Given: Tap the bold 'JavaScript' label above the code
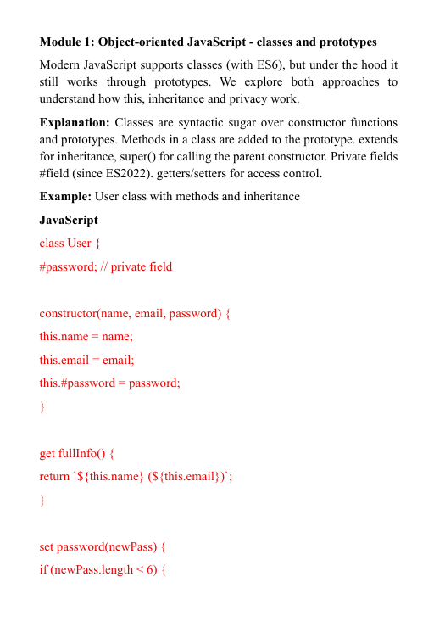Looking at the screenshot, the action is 69,220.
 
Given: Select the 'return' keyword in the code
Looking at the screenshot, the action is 55,476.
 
